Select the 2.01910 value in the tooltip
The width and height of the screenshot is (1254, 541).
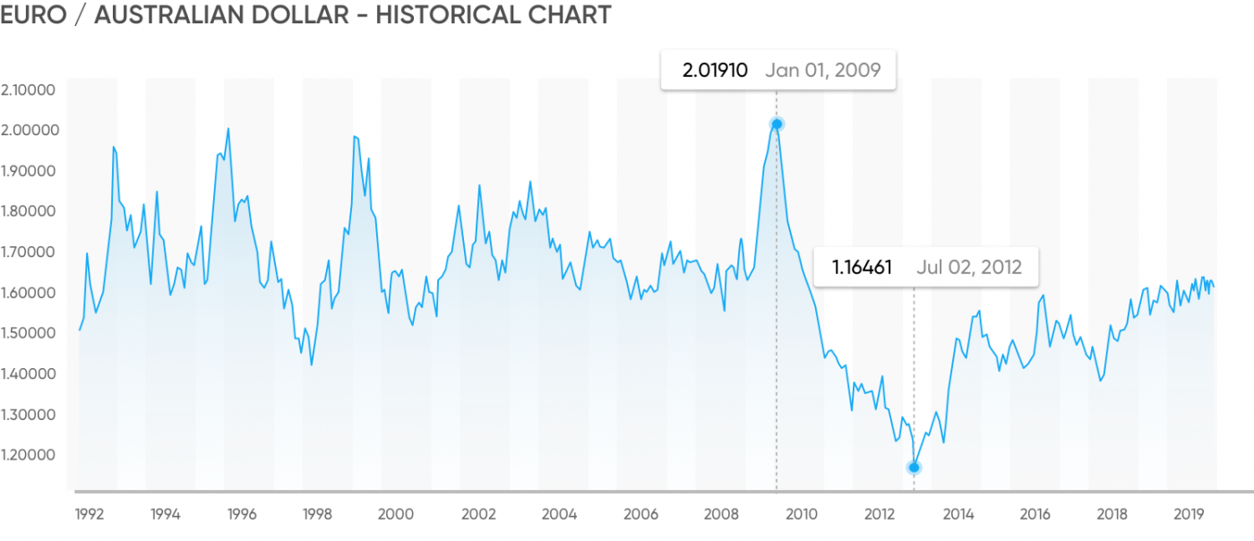(x=715, y=71)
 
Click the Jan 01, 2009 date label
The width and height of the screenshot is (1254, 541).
(x=823, y=71)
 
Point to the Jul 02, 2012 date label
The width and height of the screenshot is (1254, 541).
(x=969, y=267)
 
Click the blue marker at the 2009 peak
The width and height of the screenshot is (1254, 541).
(x=777, y=125)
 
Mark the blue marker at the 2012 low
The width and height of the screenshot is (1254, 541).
(x=915, y=468)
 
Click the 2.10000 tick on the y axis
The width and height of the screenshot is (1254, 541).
(x=30, y=90)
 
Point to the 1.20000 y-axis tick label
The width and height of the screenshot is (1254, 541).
(x=30, y=455)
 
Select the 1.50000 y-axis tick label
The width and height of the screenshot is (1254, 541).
(x=30, y=333)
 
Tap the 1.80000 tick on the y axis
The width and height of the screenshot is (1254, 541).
(x=30, y=211)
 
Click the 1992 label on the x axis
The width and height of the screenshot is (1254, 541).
(x=89, y=515)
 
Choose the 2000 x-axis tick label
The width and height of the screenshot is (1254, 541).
(x=396, y=515)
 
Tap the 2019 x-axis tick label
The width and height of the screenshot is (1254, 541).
(x=1188, y=515)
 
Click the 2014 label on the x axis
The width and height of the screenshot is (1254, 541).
(x=958, y=515)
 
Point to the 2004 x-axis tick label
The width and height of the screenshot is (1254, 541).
(x=560, y=515)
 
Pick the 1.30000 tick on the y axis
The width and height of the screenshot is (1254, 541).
(x=30, y=415)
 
